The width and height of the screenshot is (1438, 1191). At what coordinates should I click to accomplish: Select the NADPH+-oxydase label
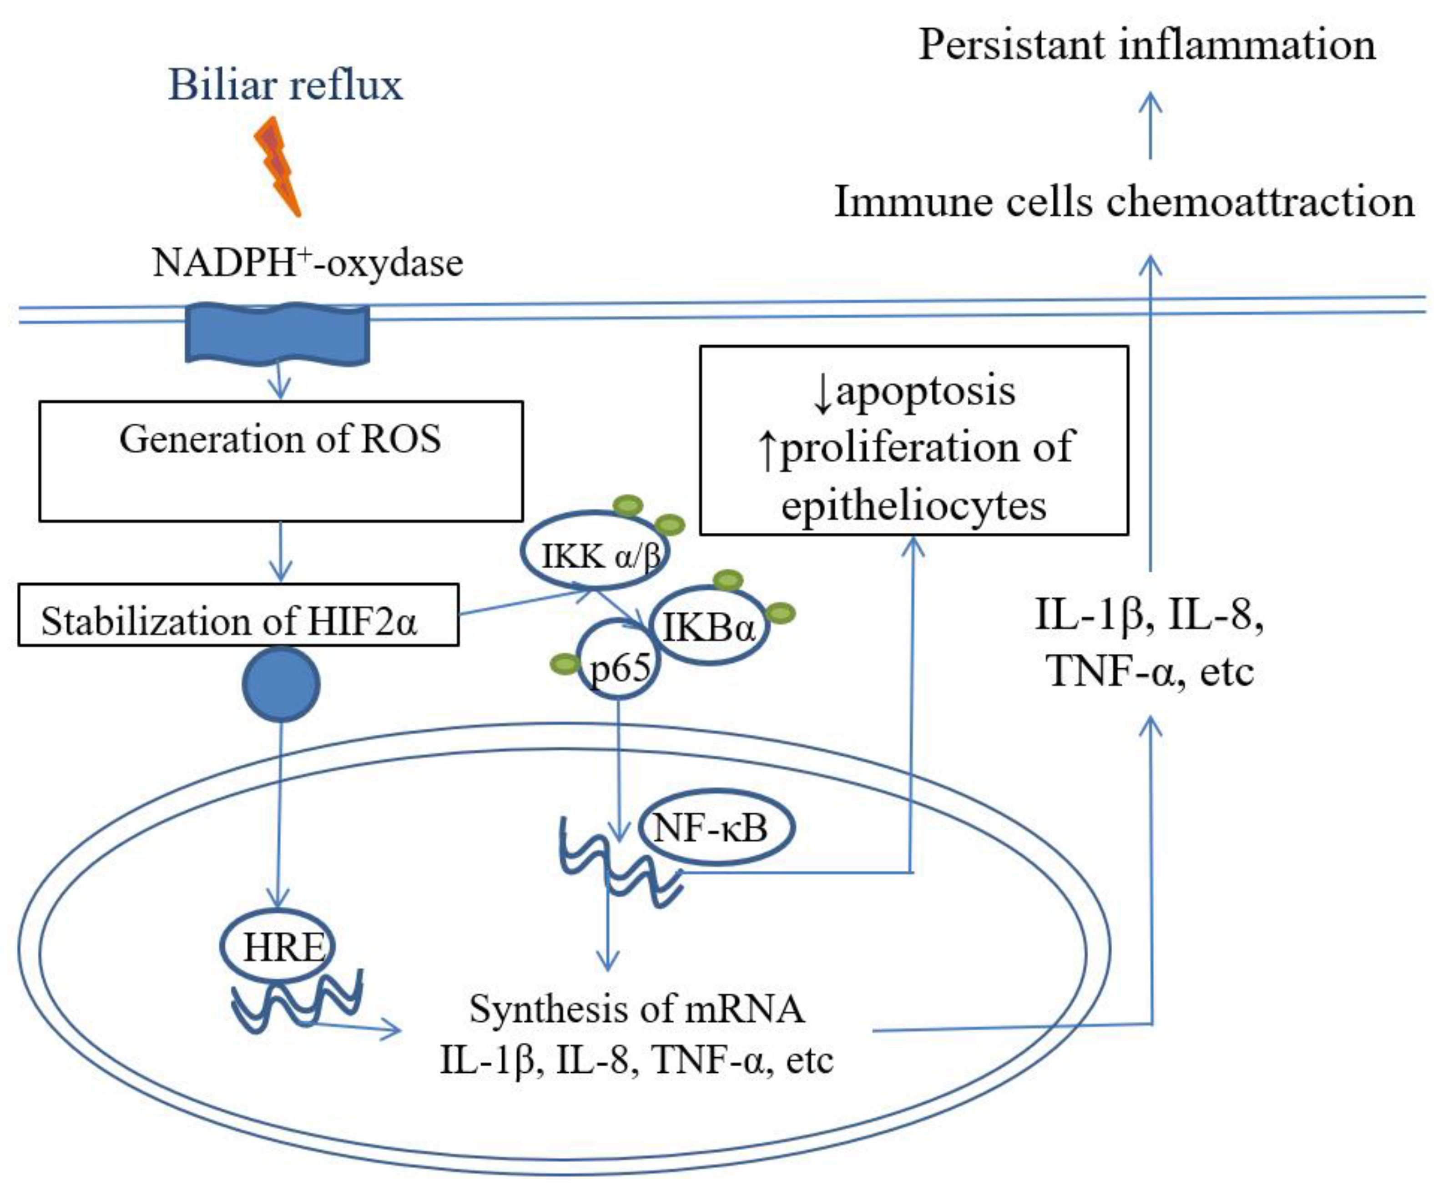[x=308, y=262]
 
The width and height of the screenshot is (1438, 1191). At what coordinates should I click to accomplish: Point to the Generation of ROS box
[x=281, y=460]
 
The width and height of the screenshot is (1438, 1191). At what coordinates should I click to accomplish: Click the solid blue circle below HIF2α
[x=281, y=684]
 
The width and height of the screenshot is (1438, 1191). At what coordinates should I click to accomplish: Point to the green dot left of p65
[x=565, y=663]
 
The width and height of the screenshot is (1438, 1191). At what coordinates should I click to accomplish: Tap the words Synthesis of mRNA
[x=637, y=1009]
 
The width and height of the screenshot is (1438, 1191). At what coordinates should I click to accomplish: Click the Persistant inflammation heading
[x=1146, y=45]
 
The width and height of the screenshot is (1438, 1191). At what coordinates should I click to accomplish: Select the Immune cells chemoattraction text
[x=1124, y=202]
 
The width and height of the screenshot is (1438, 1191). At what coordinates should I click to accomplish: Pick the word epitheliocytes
[x=913, y=505]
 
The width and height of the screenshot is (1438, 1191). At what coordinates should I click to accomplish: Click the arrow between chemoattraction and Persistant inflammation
[x=1150, y=127]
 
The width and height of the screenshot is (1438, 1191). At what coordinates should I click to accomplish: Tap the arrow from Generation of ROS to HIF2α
[x=281, y=552]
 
